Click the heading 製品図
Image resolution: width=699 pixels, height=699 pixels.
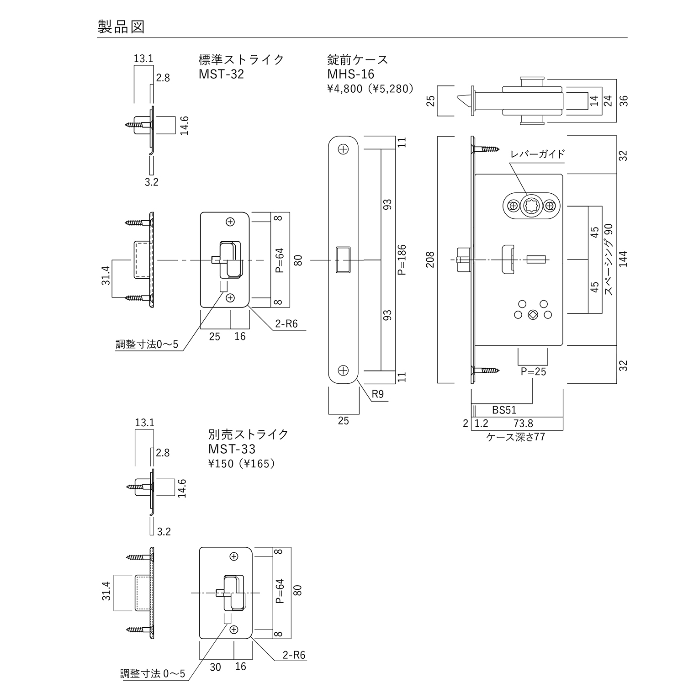click(121, 27)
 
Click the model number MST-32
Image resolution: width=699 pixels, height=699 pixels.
click(221, 74)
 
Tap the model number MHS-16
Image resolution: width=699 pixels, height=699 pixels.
click(350, 74)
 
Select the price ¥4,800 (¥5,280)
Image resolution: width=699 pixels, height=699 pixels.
click(370, 89)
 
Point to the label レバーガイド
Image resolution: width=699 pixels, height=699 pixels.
click(537, 154)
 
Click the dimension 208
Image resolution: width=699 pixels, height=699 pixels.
click(430, 259)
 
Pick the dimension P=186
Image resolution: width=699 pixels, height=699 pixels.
click(402, 259)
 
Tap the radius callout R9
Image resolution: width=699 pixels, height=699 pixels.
click(378, 394)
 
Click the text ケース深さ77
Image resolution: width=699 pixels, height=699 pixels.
click(515, 437)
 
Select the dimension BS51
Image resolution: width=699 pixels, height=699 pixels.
click(504, 410)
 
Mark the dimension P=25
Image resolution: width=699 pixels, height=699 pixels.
click(533, 371)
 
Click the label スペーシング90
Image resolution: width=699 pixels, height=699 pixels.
click(609, 259)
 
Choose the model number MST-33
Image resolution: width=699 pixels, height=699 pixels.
click(232, 449)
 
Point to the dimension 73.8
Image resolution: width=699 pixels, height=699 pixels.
click(523, 424)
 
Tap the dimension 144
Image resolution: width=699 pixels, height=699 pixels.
click(623, 259)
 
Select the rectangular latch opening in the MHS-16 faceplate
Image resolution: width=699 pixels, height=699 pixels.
click(343, 259)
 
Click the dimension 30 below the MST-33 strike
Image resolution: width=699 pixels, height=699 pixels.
click(215, 667)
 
